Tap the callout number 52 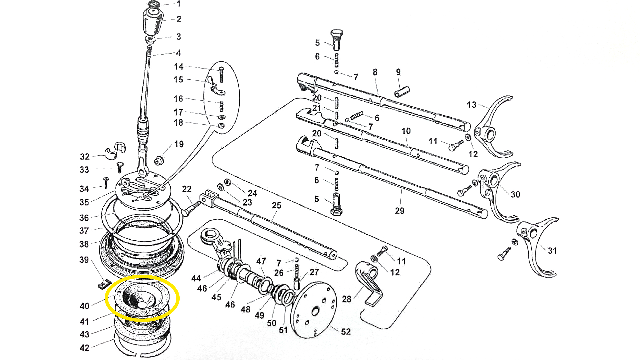click(346, 331)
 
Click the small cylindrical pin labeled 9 click(402, 92)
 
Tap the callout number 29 click(400, 210)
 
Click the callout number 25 click(276, 205)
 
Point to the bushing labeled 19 click(159, 161)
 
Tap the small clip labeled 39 click(104, 284)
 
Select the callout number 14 click(179, 66)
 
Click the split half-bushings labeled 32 click(115, 150)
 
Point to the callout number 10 click(406, 131)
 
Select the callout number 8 click(375, 72)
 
